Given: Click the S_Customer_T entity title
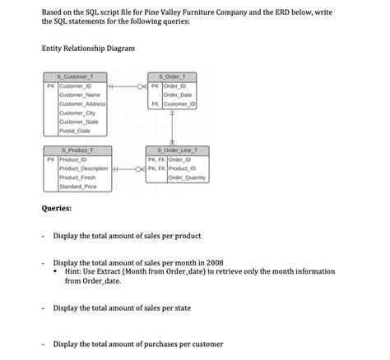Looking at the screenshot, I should (x=78, y=76).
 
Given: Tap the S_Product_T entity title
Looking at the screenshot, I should (x=78, y=150).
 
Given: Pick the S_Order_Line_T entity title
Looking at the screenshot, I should (x=176, y=150).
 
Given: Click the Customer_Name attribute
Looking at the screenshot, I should (x=79, y=95).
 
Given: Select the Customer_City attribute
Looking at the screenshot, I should (x=77, y=113).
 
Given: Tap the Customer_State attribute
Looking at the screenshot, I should (x=78, y=122).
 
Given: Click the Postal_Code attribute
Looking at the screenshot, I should (x=75, y=131).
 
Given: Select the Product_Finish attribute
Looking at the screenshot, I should (x=79, y=178).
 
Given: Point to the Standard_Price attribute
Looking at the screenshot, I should (x=78, y=187).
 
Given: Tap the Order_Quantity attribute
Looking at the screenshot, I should (x=187, y=178).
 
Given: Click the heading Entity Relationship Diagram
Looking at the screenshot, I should (x=87, y=48).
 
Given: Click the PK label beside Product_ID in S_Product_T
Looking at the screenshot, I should (x=50, y=159).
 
